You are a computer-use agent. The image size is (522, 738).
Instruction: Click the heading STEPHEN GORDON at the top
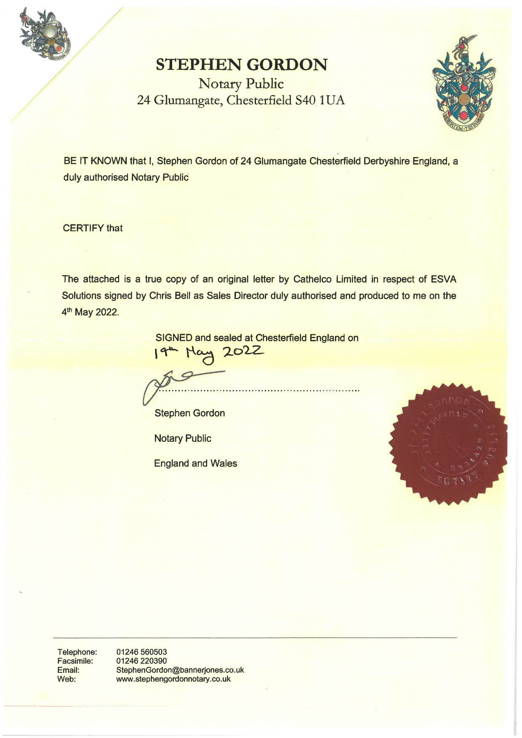242,64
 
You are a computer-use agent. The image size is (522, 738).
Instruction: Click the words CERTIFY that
93,228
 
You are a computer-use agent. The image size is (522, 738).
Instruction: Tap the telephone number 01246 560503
141,652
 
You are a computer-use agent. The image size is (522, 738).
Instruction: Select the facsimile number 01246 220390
141,661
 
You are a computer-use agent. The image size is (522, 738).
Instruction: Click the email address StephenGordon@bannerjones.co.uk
180,670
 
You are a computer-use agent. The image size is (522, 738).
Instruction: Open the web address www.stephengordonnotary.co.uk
173,679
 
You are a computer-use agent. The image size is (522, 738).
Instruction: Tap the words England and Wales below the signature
195,463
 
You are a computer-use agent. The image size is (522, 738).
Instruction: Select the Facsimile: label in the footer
75,661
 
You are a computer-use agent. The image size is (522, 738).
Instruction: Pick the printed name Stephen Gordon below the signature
189,413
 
